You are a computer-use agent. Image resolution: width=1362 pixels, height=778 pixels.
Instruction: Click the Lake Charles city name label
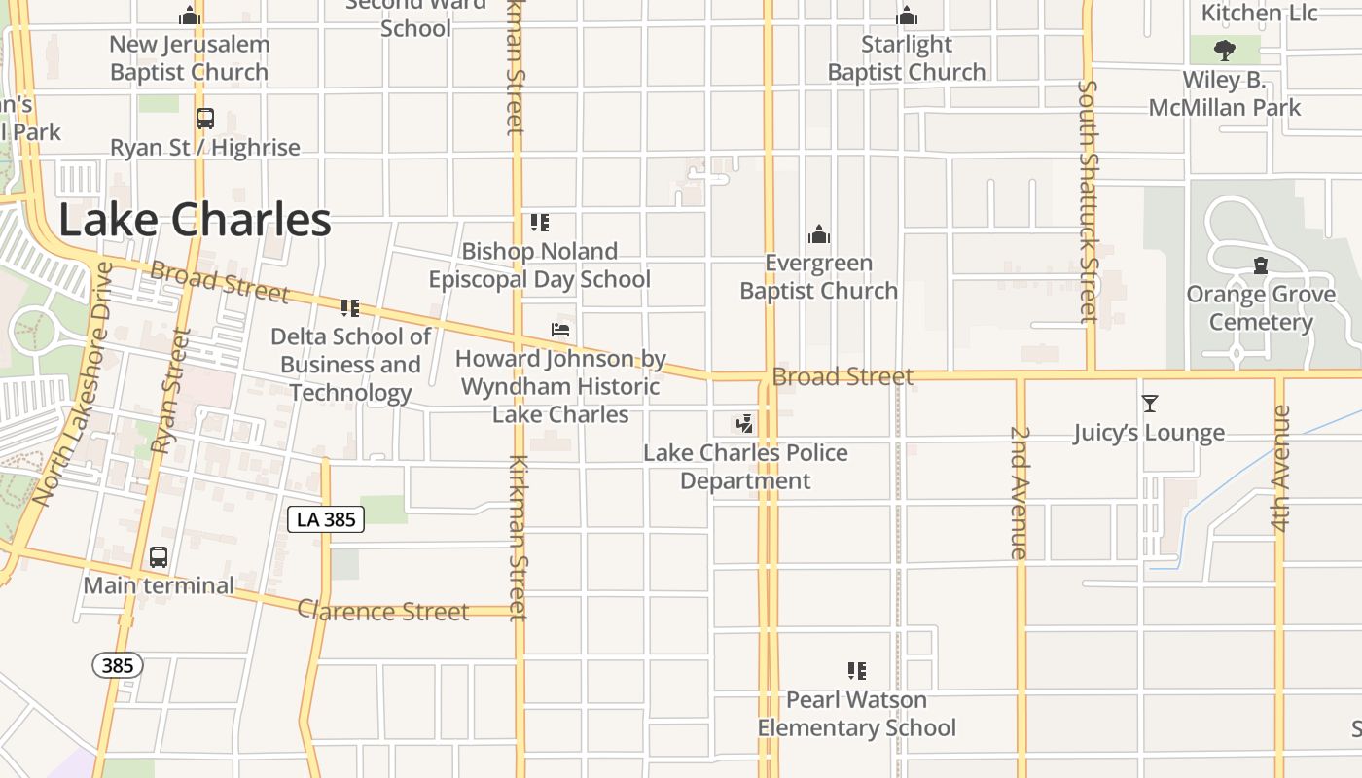click(195, 221)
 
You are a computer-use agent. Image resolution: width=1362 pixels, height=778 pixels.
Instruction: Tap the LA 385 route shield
click(326, 519)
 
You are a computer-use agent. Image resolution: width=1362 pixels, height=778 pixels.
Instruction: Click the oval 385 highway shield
click(118, 666)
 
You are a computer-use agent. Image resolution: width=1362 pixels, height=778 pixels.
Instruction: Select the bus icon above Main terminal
click(158, 557)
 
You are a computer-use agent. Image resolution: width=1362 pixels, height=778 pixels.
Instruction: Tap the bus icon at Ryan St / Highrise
click(204, 119)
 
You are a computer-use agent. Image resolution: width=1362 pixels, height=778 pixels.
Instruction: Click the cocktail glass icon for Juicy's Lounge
click(1149, 403)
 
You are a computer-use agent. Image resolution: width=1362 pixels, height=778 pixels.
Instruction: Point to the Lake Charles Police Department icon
click(744, 423)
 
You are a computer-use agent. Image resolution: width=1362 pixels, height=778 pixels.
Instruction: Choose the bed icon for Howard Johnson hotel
click(560, 330)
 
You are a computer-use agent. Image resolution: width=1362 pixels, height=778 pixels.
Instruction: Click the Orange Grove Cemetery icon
click(1261, 265)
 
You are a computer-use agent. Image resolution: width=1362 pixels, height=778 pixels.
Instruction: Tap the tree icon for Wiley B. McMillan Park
click(1225, 50)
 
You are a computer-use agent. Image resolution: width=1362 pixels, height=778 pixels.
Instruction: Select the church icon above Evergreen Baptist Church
click(819, 234)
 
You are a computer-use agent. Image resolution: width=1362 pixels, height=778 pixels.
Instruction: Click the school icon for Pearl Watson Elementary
click(856, 670)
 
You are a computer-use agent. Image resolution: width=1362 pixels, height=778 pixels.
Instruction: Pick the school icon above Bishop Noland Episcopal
click(540, 223)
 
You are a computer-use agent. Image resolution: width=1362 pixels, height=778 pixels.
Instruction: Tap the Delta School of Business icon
click(350, 308)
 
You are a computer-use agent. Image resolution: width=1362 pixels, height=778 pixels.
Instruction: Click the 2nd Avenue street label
click(1019, 491)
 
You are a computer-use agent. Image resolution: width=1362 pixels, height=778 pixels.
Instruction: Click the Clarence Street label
click(383, 612)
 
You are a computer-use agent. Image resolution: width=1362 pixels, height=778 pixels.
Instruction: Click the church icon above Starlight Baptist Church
click(907, 17)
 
